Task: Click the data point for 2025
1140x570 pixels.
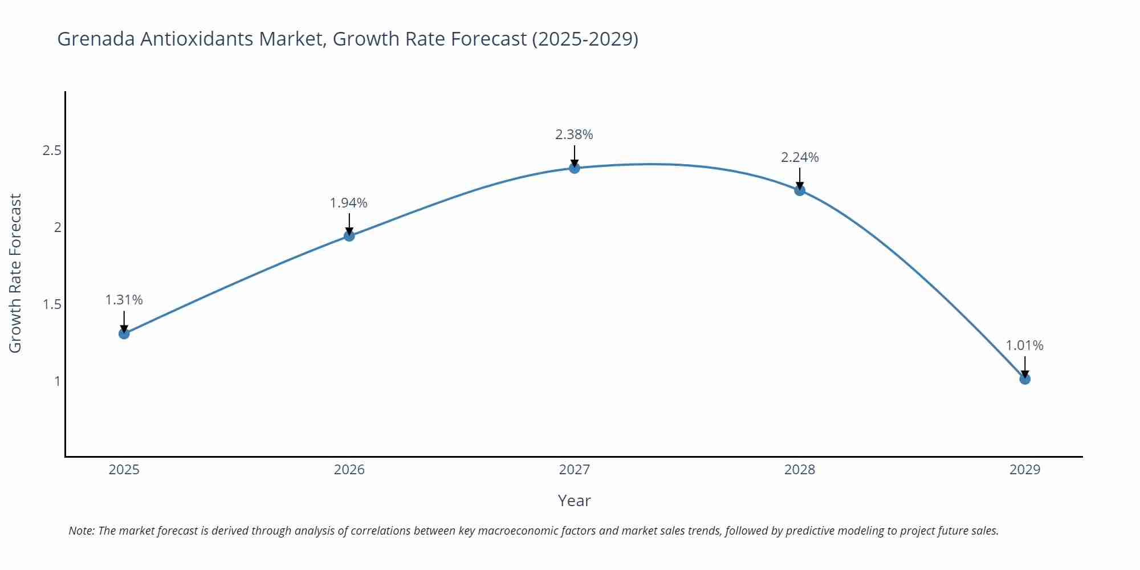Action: click(x=124, y=333)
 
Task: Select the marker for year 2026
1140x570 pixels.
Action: click(x=349, y=236)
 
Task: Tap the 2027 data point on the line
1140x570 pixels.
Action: click(x=575, y=168)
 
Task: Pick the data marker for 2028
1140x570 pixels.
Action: click(x=800, y=190)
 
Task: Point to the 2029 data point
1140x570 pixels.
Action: click(x=1025, y=379)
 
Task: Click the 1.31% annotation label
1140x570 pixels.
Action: click(x=124, y=300)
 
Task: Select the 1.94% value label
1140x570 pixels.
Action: click(x=349, y=203)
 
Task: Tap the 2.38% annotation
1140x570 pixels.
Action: click(x=574, y=135)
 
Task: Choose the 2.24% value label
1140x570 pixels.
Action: click(x=800, y=157)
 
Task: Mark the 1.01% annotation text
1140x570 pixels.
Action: click(x=1024, y=345)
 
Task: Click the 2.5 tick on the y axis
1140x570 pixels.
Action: click(x=52, y=151)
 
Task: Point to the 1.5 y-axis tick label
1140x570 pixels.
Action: click(x=52, y=304)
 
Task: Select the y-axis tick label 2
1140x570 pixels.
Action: click(x=58, y=227)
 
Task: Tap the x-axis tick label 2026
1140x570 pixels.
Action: click(x=349, y=470)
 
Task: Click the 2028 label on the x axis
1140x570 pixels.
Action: click(x=800, y=470)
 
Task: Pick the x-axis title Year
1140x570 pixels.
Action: click(x=574, y=500)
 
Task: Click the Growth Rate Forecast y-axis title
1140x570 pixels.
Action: click(x=15, y=273)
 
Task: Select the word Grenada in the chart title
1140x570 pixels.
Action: click(x=96, y=39)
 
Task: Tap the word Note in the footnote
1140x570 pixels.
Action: click(x=82, y=531)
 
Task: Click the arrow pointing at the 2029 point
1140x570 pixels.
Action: click(x=1025, y=367)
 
